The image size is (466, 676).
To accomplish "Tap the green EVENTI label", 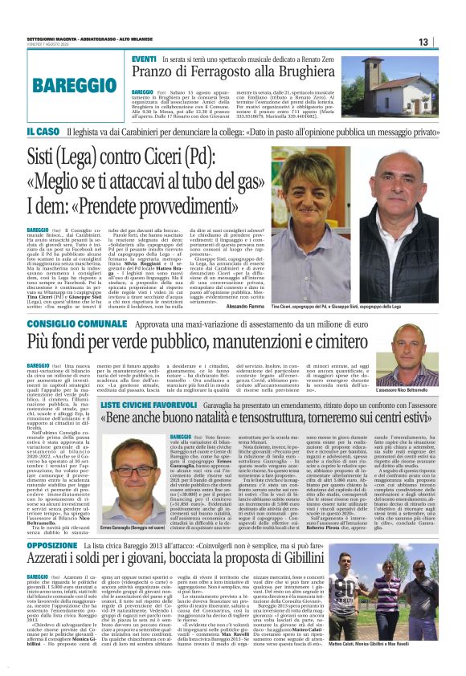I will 145,60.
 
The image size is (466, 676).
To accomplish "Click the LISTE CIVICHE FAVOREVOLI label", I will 149,407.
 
